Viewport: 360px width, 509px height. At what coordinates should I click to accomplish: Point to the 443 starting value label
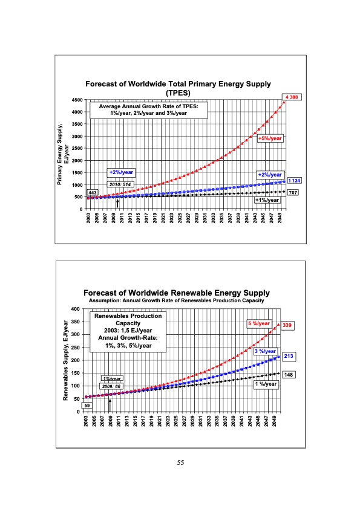pyautogui.click(x=93, y=192)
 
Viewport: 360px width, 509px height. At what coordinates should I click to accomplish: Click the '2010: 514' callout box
pyautogui.click(x=121, y=184)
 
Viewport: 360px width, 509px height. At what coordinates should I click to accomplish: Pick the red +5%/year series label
pyautogui.click(x=270, y=138)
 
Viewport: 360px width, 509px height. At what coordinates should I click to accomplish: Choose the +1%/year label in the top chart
pyautogui.click(x=267, y=200)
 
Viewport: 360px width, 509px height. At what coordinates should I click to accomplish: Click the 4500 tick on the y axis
pyautogui.click(x=77, y=100)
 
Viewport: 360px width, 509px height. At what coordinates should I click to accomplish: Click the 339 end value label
pyautogui.click(x=287, y=325)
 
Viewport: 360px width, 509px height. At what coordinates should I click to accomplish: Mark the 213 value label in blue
pyautogui.click(x=289, y=357)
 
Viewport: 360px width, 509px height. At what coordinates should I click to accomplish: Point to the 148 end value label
pyautogui.click(x=289, y=375)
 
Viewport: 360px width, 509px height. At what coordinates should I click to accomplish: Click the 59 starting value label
pyautogui.click(x=87, y=405)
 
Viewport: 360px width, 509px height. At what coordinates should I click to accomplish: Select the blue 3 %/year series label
pyautogui.click(x=264, y=351)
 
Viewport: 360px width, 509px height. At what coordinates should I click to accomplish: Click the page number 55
pyautogui.click(x=180, y=463)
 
